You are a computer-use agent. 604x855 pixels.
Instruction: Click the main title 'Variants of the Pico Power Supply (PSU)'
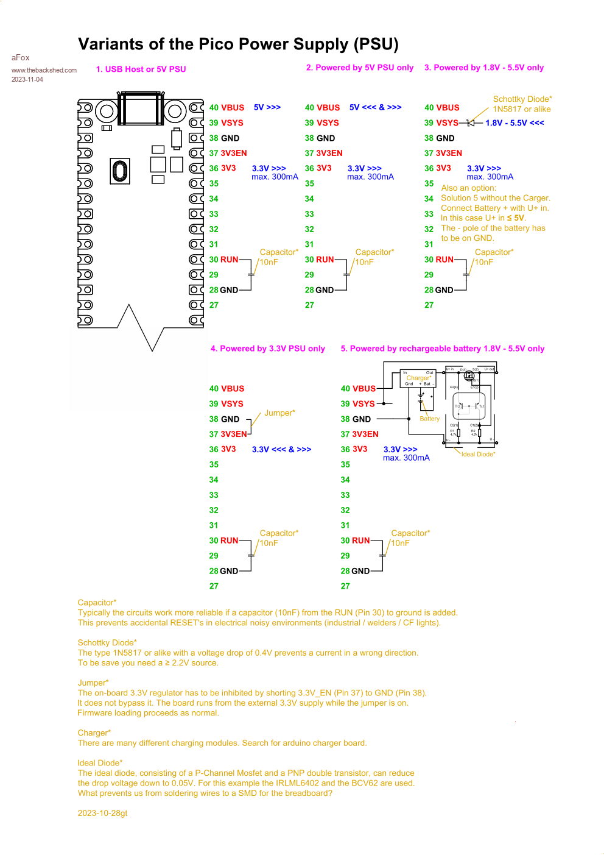pyautogui.click(x=238, y=44)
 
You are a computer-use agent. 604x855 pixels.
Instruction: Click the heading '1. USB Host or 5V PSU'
pyautogui.click(x=141, y=69)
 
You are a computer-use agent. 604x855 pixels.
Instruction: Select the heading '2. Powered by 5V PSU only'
pyautogui.click(x=359, y=68)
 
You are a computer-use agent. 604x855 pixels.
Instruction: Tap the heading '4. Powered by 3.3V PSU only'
pyautogui.click(x=267, y=349)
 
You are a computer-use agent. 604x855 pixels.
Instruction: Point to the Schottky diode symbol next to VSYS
pyautogui.click(x=470, y=123)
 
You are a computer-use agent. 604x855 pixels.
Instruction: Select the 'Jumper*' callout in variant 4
pyautogui.click(x=279, y=413)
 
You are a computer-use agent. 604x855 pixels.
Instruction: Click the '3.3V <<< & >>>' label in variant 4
pyautogui.click(x=281, y=450)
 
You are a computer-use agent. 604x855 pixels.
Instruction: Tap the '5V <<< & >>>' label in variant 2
pyautogui.click(x=375, y=107)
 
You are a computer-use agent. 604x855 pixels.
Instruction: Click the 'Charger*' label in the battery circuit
pyautogui.click(x=419, y=378)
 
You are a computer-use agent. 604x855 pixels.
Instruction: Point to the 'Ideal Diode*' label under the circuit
pyautogui.click(x=478, y=455)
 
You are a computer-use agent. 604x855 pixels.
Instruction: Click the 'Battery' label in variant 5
pyautogui.click(x=429, y=419)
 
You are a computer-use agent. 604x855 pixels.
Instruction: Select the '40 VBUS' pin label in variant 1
pyautogui.click(x=226, y=108)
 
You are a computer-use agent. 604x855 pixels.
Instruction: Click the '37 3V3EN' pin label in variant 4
pyautogui.click(x=228, y=435)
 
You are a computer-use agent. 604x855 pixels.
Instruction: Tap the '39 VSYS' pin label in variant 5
pyautogui.click(x=357, y=404)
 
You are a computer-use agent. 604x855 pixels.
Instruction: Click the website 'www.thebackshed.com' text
pyautogui.click(x=44, y=70)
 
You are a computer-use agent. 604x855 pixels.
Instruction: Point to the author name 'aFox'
pyautogui.click(x=21, y=58)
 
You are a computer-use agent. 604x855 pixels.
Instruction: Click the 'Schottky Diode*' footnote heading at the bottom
pyautogui.click(x=107, y=643)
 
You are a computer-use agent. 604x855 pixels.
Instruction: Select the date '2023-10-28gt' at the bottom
pyautogui.click(x=102, y=814)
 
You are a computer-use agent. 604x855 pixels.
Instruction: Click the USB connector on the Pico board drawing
pyautogui.click(x=141, y=110)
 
